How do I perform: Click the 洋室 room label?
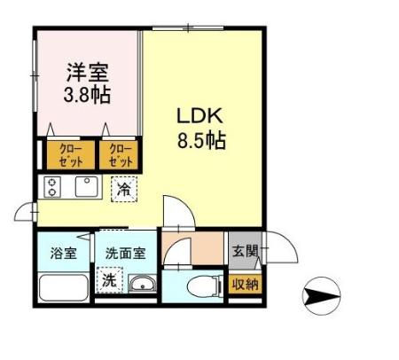[90, 68]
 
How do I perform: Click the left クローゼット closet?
[66, 155]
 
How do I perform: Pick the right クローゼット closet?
[120, 155]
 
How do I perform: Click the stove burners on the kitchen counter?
[52, 188]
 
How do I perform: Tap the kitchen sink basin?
[87, 187]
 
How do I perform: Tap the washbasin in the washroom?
[141, 285]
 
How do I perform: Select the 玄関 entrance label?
[244, 251]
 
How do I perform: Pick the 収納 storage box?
[244, 285]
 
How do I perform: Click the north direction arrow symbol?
[323, 292]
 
